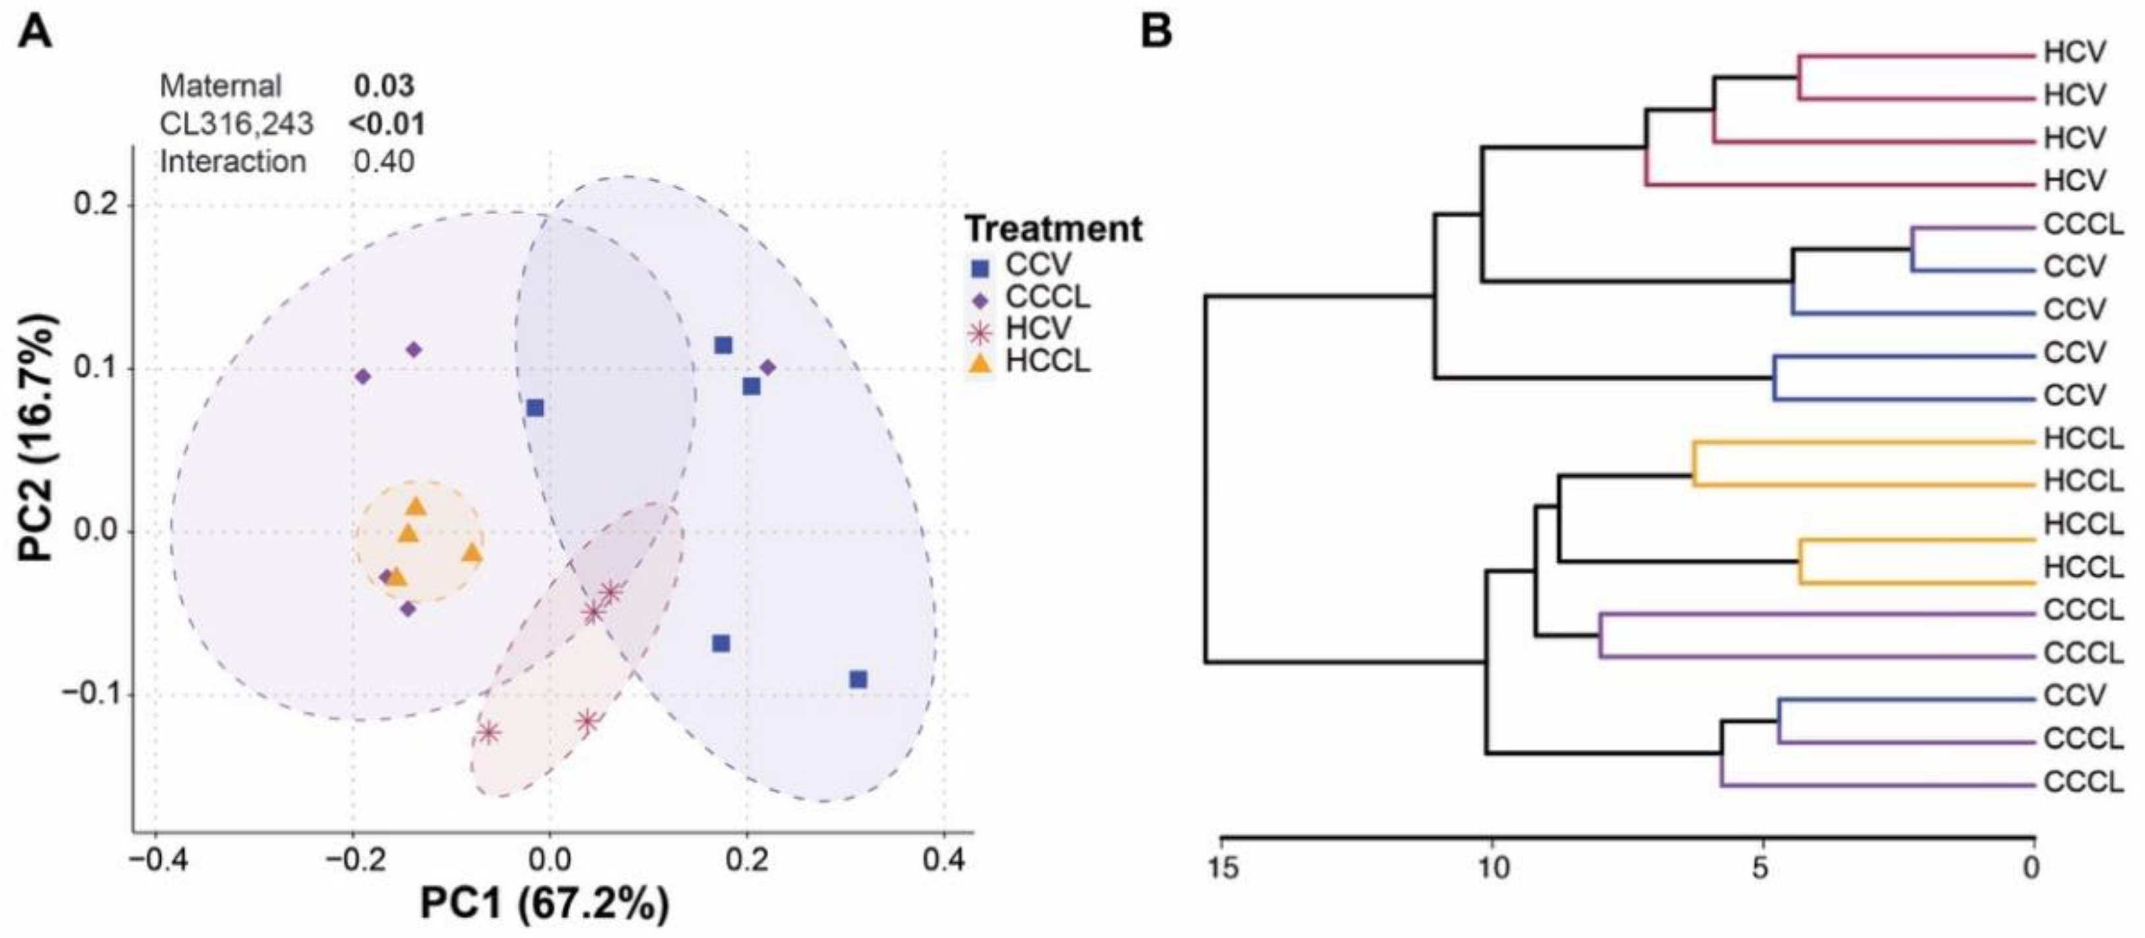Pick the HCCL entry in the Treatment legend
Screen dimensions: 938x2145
[x=1047, y=363]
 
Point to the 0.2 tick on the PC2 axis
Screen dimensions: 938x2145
[x=95, y=205]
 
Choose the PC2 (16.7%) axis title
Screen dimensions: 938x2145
[x=38, y=438]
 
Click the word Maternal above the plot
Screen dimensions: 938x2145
[x=221, y=86]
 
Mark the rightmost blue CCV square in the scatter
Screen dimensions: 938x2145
[x=858, y=680]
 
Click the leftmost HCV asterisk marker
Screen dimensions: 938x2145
[x=489, y=732]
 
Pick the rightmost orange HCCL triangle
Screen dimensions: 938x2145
[x=472, y=553]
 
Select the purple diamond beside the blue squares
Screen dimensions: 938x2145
[x=767, y=367]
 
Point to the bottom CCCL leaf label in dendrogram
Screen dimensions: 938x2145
[x=2083, y=782]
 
